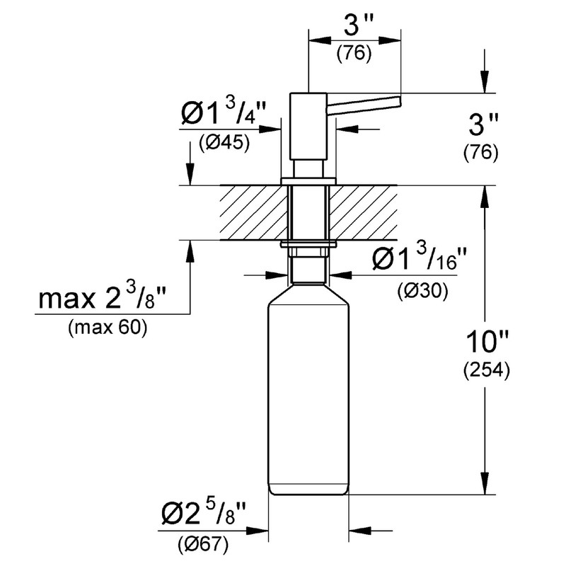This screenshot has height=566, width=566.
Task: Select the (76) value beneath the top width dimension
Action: tap(354, 54)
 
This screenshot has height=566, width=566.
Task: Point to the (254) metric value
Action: tap(485, 371)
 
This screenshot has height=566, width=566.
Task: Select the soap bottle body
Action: tap(309, 396)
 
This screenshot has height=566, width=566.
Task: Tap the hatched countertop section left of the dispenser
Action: tap(252, 213)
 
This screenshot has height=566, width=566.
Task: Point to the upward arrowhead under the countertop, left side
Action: tap(189, 248)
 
